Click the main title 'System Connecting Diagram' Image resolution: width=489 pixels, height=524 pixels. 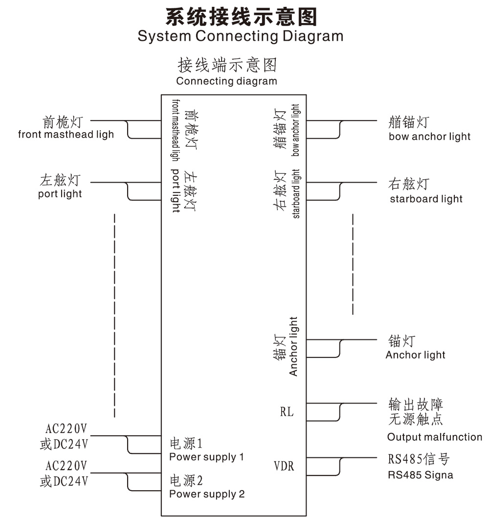click(240, 36)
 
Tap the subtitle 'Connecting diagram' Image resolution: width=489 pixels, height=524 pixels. click(226, 81)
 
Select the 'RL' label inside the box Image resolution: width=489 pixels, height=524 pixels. click(287, 412)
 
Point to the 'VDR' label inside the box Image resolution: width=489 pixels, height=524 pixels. click(284, 466)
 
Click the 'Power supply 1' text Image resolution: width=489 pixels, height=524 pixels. click(206, 457)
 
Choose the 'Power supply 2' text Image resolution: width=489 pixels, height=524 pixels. click(207, 494)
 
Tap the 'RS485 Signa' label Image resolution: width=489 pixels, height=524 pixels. click(421, 475)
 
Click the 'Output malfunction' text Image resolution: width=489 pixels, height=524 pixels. click(434, 437)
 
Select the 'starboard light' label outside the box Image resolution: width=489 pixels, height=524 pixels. click(426, 199)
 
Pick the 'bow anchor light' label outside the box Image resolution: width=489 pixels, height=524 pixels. click(429, 137)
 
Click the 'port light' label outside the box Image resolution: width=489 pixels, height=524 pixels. click(60, 194)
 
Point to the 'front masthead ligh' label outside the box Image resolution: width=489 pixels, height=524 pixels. click(66, 134)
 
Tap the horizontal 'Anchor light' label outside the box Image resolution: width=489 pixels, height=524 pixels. click(415, 355)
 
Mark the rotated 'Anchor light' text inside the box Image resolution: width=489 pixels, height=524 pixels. click(293, 346)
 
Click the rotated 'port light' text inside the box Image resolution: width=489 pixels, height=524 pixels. click(176, 191)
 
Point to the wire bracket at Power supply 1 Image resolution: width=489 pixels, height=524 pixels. click(128, 444)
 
